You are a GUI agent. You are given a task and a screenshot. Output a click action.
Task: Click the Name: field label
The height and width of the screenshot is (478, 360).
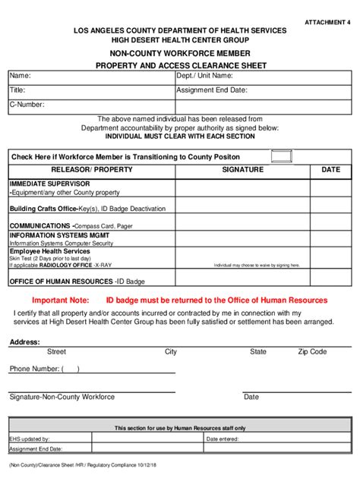(20, 76)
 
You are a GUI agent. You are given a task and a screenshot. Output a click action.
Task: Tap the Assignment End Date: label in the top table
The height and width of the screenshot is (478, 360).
(212, 90)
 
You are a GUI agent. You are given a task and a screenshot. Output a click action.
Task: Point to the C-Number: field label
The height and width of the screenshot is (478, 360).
(27, 104)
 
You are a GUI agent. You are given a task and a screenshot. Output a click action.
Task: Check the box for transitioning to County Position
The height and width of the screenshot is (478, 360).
(282, 156)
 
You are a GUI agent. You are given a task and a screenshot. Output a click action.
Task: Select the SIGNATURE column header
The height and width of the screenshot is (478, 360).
(243, 170)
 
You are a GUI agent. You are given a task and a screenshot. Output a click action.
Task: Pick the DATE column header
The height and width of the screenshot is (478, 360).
(331, 170)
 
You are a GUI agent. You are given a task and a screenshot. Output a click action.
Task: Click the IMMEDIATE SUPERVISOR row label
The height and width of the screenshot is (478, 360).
(49, 184)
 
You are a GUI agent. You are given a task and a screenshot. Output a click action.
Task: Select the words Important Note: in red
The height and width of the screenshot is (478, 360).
(61, 300)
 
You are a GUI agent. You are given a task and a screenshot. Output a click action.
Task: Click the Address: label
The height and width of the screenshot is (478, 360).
(25, 342)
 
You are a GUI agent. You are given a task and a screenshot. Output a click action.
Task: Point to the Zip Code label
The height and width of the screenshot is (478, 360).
(312, 352)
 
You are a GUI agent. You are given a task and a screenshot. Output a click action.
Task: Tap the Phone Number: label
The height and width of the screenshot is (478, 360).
(34, 369)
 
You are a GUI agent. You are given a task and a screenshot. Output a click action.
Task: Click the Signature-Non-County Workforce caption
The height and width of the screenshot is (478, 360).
(62, 397)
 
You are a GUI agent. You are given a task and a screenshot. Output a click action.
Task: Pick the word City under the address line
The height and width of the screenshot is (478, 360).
(171, 352)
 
